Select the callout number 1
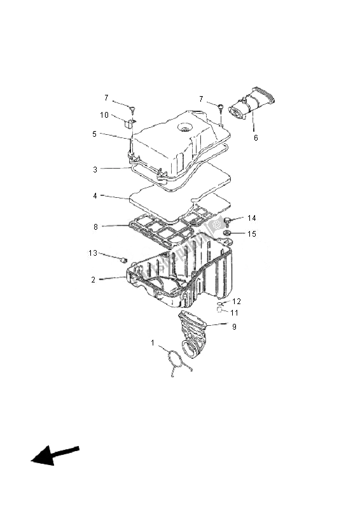tap(153, 343)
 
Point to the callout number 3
tap(94, 169)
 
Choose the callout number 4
tap(94, 196)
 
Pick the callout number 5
tap(94, 134)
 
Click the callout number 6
tap(256, 137)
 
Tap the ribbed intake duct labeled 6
tap(254, 106)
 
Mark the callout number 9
tap(234, 327)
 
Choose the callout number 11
tap(235, 313)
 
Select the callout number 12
tap(237, 301)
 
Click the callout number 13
tap(93, 253)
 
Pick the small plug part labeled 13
tap(124, 259)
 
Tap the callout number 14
tap(252, 218)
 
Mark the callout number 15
tap(252, 234)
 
